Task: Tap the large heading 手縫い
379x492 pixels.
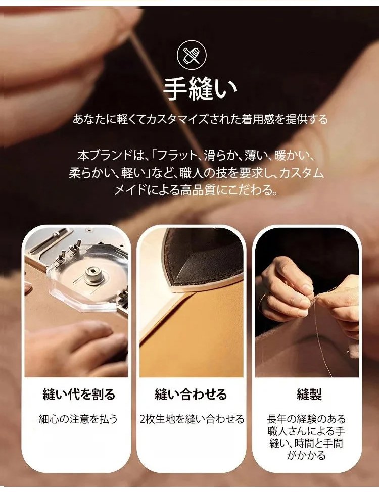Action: (x=200, y=89)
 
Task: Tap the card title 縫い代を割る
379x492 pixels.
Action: (x=79, y=395)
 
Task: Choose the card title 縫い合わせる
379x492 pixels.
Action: (x=191, y=395)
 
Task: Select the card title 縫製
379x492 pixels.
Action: (x=309, y=395)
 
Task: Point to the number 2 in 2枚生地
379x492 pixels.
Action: (x=143, y=419)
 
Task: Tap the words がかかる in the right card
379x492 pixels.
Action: (x=306, y=455)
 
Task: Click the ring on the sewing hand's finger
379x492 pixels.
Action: (x=262, y=301)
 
